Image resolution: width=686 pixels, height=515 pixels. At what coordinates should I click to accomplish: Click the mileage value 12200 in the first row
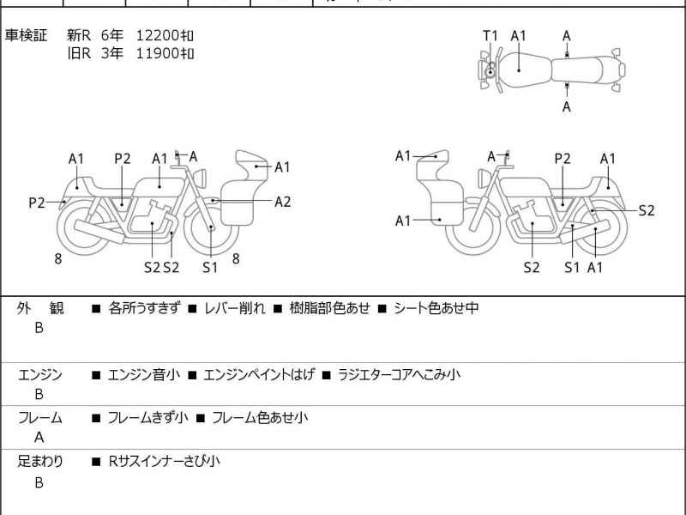tap(158, 35)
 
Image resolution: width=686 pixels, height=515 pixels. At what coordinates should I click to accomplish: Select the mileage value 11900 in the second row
tap(158, 53)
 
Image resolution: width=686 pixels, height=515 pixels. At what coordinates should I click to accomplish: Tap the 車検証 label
tap(26, 35)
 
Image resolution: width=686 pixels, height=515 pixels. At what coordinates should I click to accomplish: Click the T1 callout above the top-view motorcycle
tap(490, 35)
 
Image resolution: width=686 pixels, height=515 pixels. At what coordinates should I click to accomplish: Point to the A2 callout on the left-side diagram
tap(283, 202)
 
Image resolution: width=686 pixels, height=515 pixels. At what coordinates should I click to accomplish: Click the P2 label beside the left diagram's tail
tap(37, 203)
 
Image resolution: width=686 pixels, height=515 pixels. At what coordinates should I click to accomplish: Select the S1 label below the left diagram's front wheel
tap(210, 267)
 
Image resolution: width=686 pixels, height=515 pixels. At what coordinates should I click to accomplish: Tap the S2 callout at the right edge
tap(647, 210)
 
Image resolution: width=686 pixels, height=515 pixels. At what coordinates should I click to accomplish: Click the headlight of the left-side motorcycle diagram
tap(201, 179)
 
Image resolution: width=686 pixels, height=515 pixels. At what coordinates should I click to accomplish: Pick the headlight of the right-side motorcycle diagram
tap(484, 179)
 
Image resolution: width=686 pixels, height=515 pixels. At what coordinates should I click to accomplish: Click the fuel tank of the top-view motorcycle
tap(524, 70)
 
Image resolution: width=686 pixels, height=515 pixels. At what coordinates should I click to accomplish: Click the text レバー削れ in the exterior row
tap(235, 308)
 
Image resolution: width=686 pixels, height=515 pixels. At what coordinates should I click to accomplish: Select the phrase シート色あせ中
tap(436, 308)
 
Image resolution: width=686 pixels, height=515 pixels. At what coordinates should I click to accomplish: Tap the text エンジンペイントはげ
tap(259, 375)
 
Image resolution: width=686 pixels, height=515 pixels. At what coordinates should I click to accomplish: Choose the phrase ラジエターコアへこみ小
tap(399, 375)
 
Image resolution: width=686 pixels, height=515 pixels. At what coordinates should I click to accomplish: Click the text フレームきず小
tap(147, 418)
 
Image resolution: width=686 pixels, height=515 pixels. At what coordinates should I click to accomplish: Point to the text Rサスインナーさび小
tap(164, 461)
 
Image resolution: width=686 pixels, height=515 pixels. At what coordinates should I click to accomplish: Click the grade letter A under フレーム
tap(39, 438)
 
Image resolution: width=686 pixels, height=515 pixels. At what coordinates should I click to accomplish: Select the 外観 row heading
tap(40, 308)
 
